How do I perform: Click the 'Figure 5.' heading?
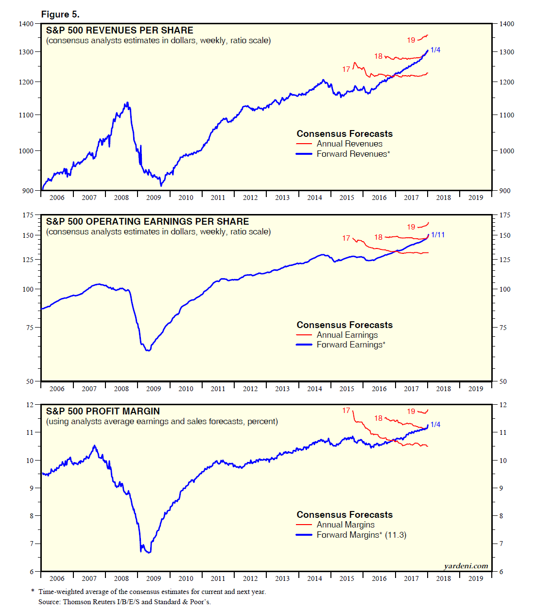[60, 14]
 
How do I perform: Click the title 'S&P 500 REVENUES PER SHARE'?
[120, 30]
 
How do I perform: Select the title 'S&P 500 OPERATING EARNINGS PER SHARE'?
[147, 221]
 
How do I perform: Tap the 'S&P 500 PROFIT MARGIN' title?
[103, 411]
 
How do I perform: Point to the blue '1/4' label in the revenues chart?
[435, 50]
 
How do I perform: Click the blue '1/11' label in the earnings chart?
[438, 235]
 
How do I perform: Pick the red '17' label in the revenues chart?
[346, 69]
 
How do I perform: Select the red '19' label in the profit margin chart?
[411, 412]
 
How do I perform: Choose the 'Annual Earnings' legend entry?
[347, 335]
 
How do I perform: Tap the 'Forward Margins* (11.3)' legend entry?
[361, 535]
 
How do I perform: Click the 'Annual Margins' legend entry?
[346, 525]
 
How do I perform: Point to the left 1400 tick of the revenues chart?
[26, 24]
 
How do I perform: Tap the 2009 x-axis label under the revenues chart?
[154, 198]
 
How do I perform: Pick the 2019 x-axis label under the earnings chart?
[475, 389]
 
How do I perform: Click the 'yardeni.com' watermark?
[466, 566]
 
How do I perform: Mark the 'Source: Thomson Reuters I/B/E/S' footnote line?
[124, 602]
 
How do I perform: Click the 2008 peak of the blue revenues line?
[127, 102]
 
